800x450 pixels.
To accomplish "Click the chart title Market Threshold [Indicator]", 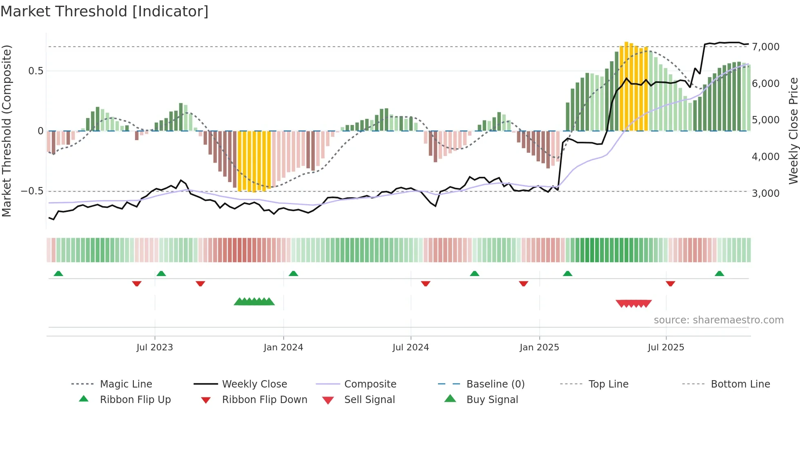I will coord(104,11).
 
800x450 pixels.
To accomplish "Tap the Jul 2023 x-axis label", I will coord(155,348).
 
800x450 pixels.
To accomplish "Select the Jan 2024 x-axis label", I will coord(283,348).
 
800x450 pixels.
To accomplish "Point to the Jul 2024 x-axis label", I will coord(411,348).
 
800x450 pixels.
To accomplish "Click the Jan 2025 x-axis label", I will coord(539,348).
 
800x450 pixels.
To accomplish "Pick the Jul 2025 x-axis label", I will coord(666,348).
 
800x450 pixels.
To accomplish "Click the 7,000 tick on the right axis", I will coord(766,47).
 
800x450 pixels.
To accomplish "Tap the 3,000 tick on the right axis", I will coord(766,193).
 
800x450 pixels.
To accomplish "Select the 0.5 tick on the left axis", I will coord(36,71).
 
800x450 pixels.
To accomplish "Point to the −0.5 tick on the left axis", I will coord(32,191).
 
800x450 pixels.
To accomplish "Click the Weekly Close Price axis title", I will coord(793,131).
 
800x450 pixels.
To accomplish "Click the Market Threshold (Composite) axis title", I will coord(7,131).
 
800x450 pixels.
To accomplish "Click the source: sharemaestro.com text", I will coord(718,320).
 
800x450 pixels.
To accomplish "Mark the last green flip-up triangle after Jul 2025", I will coord(719,274).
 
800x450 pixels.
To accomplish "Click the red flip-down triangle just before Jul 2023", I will coord(137,283).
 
